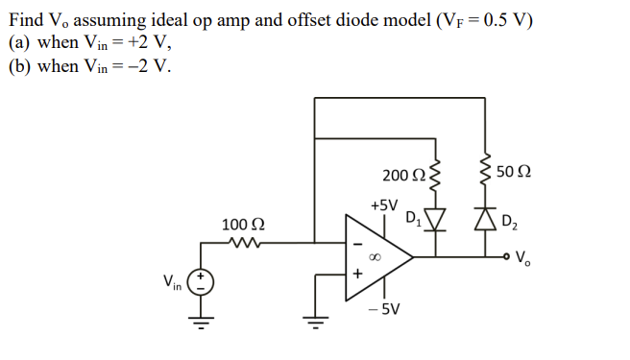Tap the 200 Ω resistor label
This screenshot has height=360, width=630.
401,175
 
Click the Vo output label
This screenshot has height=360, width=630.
522,257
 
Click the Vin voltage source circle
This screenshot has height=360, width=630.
202,282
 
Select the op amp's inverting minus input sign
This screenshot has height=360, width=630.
357,242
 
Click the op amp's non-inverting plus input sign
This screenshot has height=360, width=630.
357,274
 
